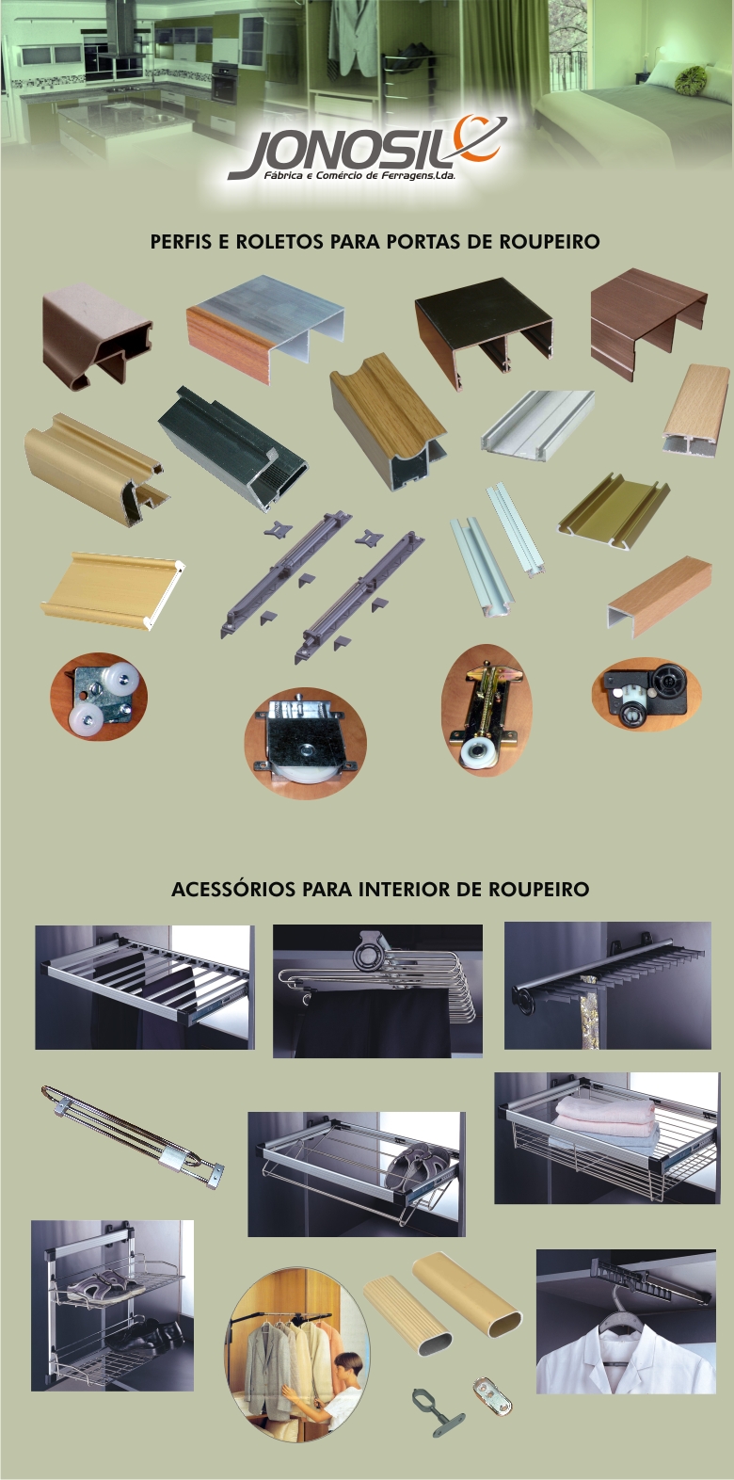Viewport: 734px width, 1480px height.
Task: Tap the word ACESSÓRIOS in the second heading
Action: [x=233, y=889]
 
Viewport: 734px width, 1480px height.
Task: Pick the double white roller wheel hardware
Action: [x=99, y=697]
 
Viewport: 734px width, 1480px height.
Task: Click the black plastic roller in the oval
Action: [x=646, y=694]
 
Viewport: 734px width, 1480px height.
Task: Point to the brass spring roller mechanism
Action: [x=487, y=711]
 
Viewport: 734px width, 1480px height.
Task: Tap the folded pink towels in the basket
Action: [x=604, y=1116]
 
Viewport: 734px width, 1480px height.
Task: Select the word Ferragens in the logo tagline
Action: [x=404, y=176]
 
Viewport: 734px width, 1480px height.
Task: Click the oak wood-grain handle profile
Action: [x=388, y=421]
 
